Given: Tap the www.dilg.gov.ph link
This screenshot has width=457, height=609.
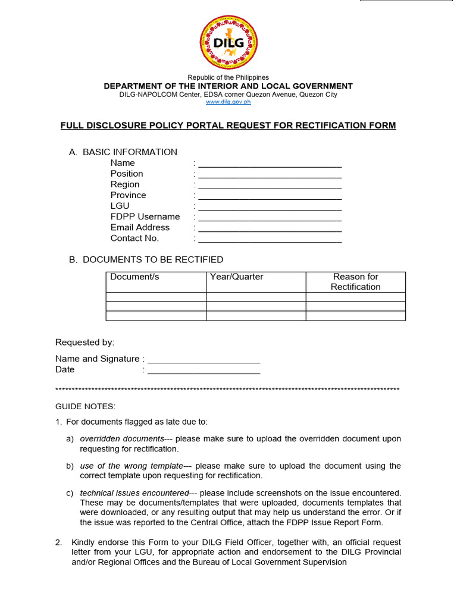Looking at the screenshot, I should (x=228, y=102).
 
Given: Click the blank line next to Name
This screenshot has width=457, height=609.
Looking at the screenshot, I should (x=270, y=164).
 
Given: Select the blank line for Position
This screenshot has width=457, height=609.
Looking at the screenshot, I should (x=270, y=175).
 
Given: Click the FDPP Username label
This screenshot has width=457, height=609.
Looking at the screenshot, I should (x=145, y=216).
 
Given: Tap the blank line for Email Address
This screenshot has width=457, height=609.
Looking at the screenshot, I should (x=270, y=228).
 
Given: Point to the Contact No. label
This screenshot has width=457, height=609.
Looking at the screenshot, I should (x=134, y=238).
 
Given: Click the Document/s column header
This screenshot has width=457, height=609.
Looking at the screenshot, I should (x=134, y=277).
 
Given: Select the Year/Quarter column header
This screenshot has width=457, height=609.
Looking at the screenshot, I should (x=236, y=277).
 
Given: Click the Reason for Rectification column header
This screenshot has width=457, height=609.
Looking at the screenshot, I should (x=355, y=281).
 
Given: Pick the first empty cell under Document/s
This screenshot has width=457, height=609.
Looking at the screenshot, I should (x=156, y=297).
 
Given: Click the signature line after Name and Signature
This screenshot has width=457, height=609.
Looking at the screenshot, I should (x=204, y=360).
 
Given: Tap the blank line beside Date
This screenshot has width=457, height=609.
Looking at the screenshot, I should (x=204, y=371).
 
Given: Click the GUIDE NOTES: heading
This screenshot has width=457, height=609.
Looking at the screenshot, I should (x=85, y=406).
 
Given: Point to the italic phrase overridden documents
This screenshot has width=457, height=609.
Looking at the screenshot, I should (x=122, y=439).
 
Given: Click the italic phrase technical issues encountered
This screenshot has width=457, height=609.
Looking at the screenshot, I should (x=134, y=493).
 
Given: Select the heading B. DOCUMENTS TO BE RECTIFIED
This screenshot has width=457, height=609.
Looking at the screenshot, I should (x=152, y=259).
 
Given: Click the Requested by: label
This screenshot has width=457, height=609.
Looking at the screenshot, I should (x=84, y=342).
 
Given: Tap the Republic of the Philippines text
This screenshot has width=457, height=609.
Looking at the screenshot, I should (x=228, y=77).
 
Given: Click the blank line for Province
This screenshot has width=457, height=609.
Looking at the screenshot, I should (x=270, y=196).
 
